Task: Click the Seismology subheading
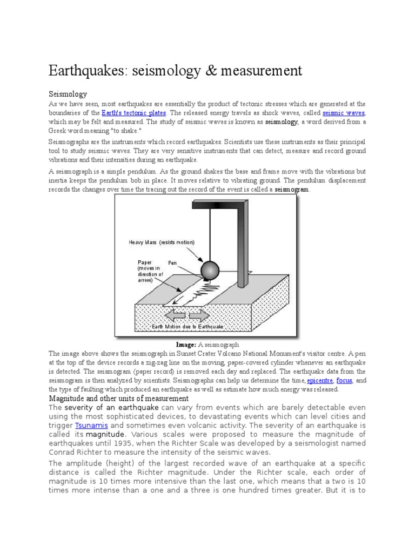pos(68,94)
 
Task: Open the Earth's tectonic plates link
pos(134,113)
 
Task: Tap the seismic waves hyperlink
pos(344,113)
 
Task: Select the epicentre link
pos(319,380)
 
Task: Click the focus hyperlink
pos(344,380)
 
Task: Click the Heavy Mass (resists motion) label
pos(162,242)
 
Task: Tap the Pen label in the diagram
pos(172,263)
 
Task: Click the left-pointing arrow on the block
pos(176,315)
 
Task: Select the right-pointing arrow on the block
pos(198,315)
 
